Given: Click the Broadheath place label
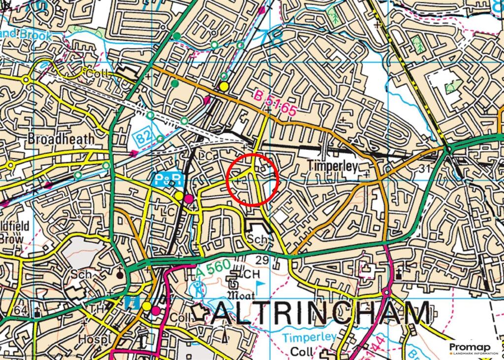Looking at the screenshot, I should coord(61,139).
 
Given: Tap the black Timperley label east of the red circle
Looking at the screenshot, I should coord(333,165).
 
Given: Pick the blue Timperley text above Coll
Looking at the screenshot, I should coord(310,338).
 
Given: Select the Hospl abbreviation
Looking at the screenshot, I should coord(92,339).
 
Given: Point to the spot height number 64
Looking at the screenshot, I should coord(21,311).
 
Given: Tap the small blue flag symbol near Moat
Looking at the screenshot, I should coord(259,285).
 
